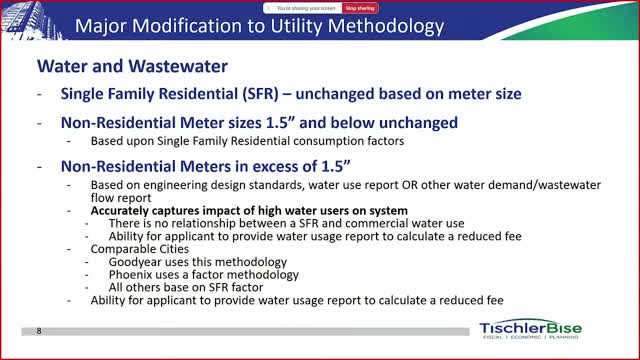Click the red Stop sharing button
pyautogui.click(x=360, y=8)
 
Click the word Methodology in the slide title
pyautogui.click(x=386, y=27)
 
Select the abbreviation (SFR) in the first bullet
pyautogui.click(x=260, y=94)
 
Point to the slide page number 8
pyautogui.click(x=39, y=331)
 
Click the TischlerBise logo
pyautogui.click(x=531, y=329)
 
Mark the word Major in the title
pyautogui.click(x=101, y=27)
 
